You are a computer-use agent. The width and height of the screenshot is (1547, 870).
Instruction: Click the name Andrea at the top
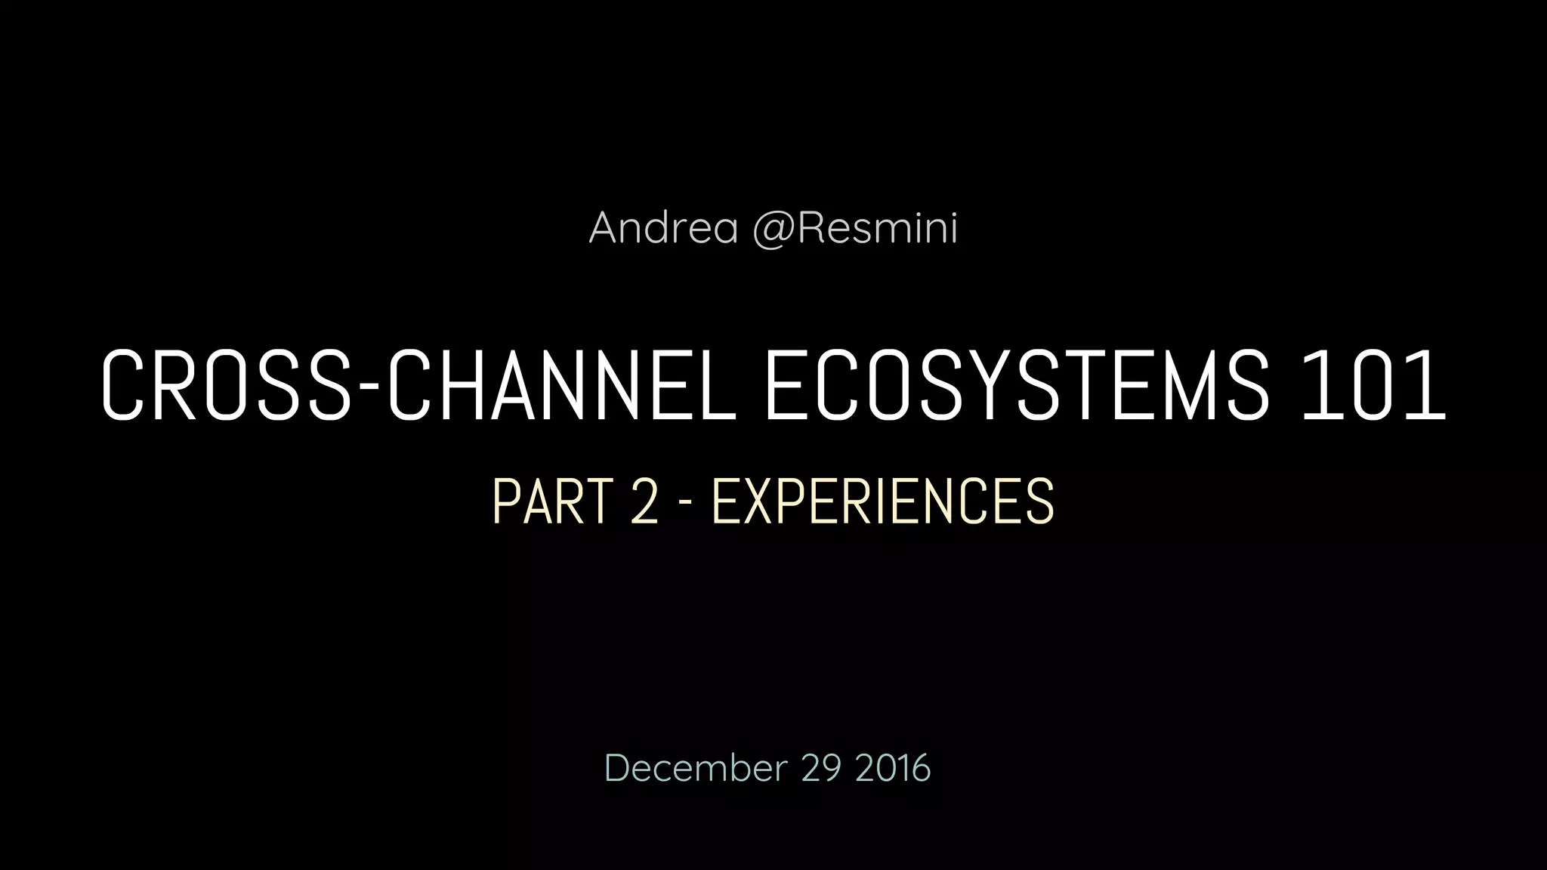[663, 227]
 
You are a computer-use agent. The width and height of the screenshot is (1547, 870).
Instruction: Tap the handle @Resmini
[855, 227]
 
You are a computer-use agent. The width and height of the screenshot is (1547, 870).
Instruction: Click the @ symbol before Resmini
[772, 229]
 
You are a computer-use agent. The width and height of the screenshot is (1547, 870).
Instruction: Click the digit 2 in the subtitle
[644, 501]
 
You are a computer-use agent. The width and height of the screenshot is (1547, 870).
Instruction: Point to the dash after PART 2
[685, 504]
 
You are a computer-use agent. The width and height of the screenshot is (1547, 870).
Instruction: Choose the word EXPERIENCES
[882, 501]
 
